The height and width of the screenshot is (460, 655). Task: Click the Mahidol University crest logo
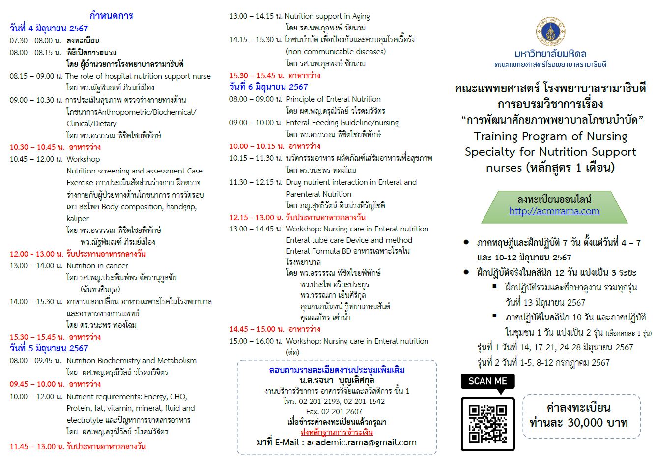[550, 31]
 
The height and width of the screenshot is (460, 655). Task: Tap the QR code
[487, 423]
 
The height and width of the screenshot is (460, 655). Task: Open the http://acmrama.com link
[554, 211]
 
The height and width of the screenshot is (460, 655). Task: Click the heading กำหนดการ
[111, 16]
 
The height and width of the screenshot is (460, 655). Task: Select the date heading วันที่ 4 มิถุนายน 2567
[49, 29]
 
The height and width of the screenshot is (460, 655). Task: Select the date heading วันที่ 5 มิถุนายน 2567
[49, 348]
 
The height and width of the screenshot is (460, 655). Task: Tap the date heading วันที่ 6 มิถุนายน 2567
[269, 87]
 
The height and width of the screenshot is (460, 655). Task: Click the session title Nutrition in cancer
[97, 266]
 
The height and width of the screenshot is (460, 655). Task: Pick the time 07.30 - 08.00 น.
[35, 40]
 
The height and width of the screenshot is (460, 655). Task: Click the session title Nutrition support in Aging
[327, 16]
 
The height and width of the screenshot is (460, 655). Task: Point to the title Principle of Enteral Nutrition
[333, 99]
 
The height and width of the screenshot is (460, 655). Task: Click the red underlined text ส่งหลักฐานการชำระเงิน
[337, 432]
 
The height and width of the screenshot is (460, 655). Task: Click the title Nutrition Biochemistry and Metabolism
[131, 361]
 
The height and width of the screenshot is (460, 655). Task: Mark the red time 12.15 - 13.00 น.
[256, 217]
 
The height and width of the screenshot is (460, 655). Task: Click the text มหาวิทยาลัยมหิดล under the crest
[550, 54]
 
